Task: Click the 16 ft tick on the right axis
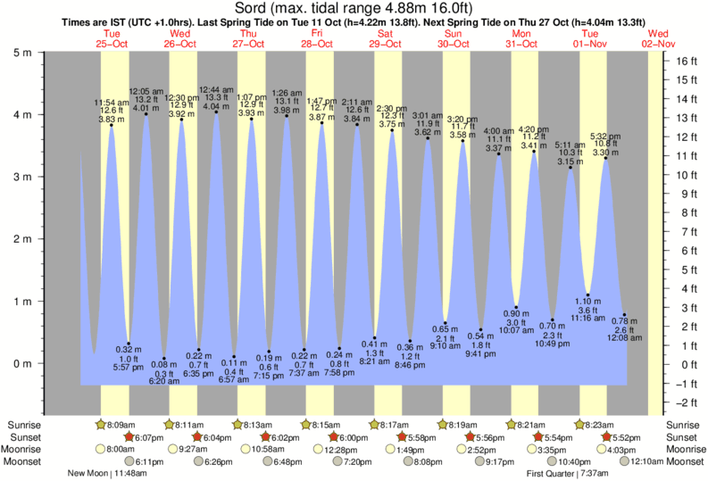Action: pyautogui.click(x=685, y=62)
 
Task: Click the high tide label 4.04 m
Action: pyautogui.click(x=216, y=107)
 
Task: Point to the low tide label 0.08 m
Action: pyautogui.click(x=164, y=364)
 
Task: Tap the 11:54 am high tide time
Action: pyautogui.click(x=113, y=103)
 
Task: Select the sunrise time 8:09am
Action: pyautogui.click(x=122, y=425)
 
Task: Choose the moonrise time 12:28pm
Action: pyautogui.click(x=336, y=450)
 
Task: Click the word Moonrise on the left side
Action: pyautogui.click(x=25, y=450)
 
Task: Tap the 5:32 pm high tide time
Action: pyautogui.click(x=605, y=136)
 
